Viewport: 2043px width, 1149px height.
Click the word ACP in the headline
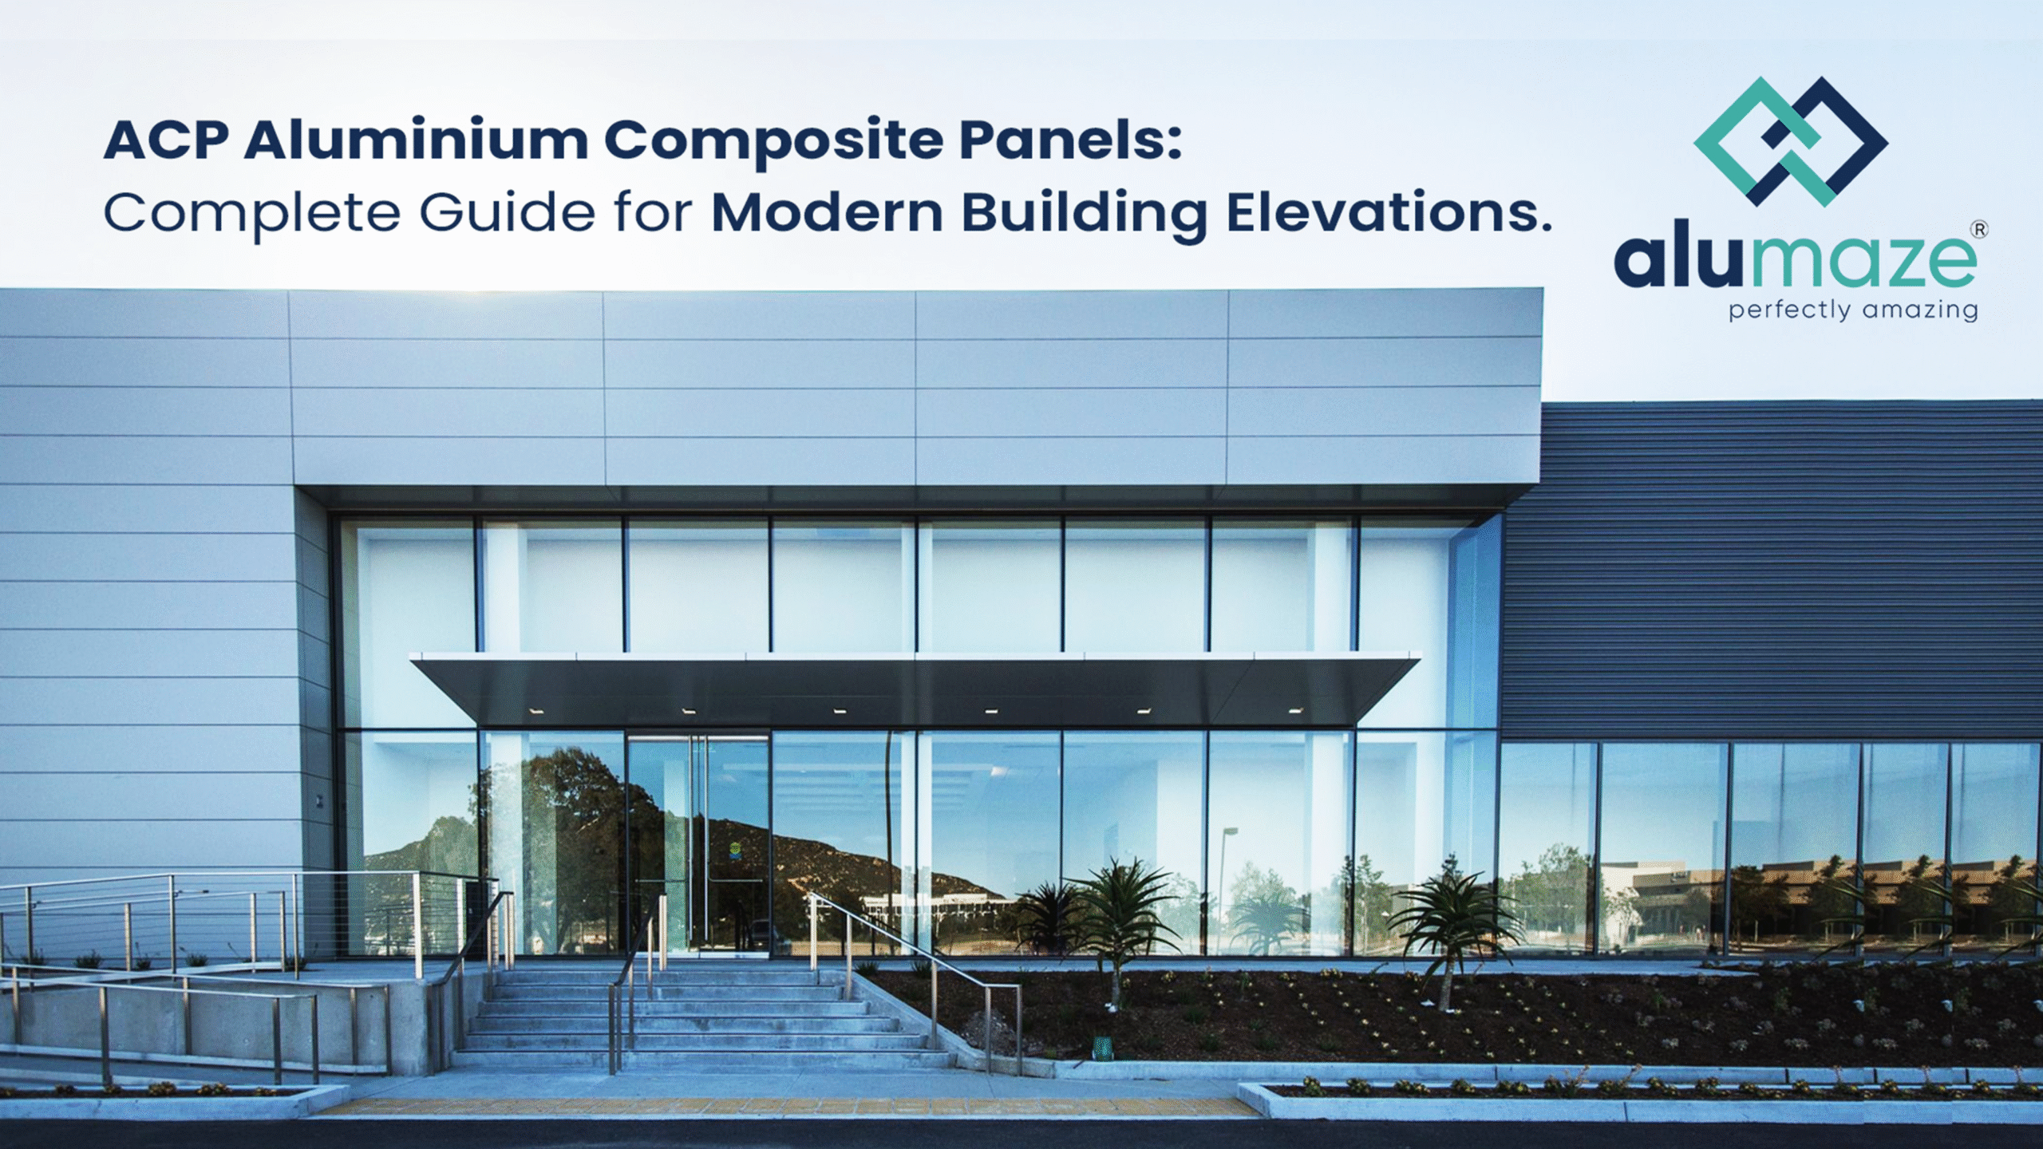click(x=166, y=140)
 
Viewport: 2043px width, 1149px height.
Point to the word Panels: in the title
click(x=1069, y=140)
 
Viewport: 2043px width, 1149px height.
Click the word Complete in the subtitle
click(x=251, y=214)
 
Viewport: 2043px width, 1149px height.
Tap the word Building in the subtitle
click(x=1084, y=214)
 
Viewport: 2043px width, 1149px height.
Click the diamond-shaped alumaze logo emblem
click(x=1790, y=141)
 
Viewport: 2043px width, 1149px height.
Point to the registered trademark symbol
click(x=1979, y=230)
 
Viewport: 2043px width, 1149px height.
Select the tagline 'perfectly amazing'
click(x=1853, y=310)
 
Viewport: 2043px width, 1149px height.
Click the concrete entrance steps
click(x=702, y=1021)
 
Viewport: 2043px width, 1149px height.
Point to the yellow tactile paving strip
click(x=782, y=1108)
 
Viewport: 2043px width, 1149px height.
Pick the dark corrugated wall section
click(x=1772, y=567)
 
